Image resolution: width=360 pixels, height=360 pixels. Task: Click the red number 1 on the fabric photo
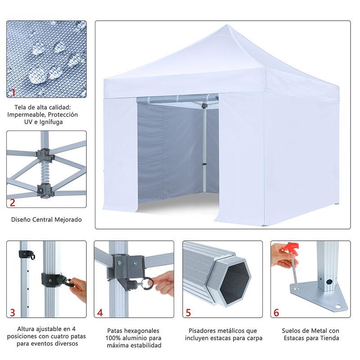pyautogui.click(x=13, y=93)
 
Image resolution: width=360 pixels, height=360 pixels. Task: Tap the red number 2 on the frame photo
pyautogui.click(x=13, y=202)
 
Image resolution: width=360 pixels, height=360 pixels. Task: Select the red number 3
pyautogui.click(x=13, y=312)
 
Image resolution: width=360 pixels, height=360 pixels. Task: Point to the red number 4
pyautogui.click(x=100, y=312)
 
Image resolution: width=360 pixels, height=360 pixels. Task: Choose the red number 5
pyautogui.click(x=188, y=312)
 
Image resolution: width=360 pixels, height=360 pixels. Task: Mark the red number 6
pyautogui.click(x=276, y=312)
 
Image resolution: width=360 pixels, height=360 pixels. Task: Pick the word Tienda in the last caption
pyautogui.click(x=330, y=338)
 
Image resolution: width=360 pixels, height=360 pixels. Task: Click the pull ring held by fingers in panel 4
pyautogui.click(x=147, y=283)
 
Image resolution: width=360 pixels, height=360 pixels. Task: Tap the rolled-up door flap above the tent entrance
pyautogui.click(x=177, y=99)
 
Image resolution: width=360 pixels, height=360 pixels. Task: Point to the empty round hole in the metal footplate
pyautogui.click(x=338, y=307)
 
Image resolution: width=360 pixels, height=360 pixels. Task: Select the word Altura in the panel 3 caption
pyautogui.click(x=26, y=329)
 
